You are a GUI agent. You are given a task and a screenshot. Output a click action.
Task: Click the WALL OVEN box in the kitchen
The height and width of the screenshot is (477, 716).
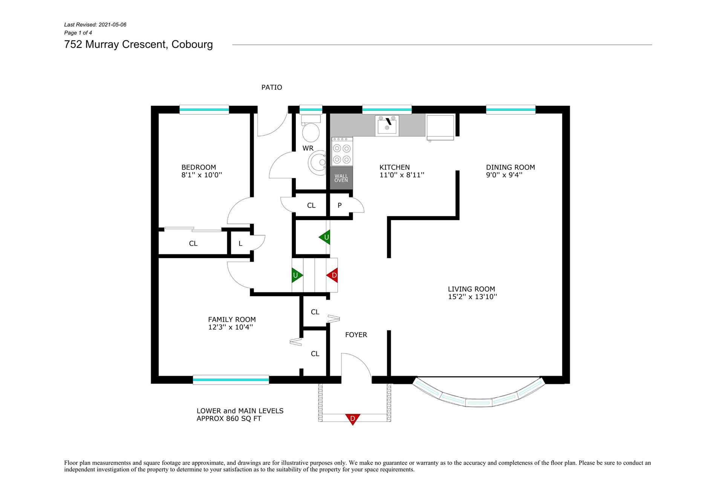[342, 178]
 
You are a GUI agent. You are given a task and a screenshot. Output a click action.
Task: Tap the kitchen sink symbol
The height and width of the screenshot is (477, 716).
[387, 125]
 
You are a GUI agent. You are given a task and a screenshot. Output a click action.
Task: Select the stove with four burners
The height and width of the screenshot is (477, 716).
[342, 151]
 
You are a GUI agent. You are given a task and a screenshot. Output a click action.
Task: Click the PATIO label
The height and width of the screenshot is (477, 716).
[272, 87]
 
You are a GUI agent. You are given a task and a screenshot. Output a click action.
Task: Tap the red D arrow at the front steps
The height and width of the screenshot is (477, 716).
[353, 419]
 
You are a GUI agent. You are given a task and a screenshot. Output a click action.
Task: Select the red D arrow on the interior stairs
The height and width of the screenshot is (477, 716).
[332, 275]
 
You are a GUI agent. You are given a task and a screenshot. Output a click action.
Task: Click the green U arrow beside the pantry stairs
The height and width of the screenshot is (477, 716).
[325, 237]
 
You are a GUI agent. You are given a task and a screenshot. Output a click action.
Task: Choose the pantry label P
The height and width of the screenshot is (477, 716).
[340, 205]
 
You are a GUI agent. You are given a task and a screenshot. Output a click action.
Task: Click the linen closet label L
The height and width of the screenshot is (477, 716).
[240, 243]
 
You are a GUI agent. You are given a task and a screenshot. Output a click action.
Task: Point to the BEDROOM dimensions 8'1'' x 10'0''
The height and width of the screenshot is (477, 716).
[202, 175]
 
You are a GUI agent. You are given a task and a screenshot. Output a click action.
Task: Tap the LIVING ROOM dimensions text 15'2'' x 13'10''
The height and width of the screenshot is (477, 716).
[473, 297]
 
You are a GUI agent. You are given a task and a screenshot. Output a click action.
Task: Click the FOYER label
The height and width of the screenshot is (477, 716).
[356, 335]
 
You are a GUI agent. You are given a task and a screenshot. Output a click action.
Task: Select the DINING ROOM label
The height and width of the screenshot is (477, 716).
[510, 167]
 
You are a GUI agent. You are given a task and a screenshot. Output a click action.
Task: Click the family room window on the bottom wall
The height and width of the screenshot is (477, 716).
[231, 380]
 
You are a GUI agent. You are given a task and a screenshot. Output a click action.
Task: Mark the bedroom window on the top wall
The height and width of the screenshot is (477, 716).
[204, 110]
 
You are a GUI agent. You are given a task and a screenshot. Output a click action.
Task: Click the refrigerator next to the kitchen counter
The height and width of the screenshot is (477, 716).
[440, 128]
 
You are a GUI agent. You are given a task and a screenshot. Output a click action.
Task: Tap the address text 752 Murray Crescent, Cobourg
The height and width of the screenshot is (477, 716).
[139, 44]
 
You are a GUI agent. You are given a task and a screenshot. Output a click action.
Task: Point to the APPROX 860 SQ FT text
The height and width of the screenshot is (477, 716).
[229, 419]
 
